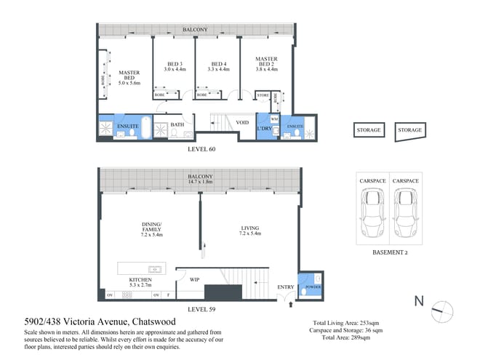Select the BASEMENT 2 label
[391, 252]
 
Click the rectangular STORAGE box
[368, 130]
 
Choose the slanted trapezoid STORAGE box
[409, 130]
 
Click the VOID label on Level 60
[242, 122]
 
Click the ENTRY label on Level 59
[286, 287]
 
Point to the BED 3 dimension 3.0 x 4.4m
[175, 69]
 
